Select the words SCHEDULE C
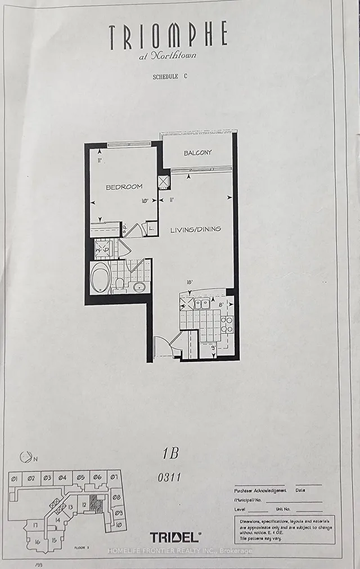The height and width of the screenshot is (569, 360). click(168, 78)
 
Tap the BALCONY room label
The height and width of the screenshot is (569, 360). click(197, 153)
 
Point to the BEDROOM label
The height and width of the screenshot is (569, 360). click(124, 186)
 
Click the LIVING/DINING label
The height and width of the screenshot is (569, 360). click(196, 229)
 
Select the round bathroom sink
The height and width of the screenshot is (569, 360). click(138, 287)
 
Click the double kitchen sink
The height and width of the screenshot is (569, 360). click(202, 304)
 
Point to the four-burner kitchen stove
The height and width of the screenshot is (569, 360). click(227, 325)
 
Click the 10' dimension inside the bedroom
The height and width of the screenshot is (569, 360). click(145, 200)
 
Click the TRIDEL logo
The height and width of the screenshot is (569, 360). click(175, 537)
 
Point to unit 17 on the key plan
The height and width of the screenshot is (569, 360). click(35, 526)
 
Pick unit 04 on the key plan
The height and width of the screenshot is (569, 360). click(62, 478)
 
